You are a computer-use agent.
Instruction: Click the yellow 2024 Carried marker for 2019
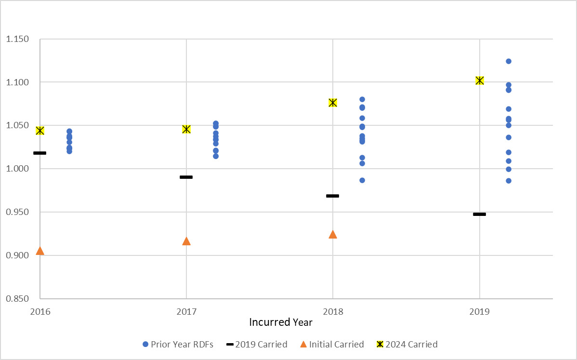(479, 80)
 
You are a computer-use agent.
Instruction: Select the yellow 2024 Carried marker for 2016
(40, 131)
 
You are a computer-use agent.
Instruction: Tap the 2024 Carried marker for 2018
(333, 103)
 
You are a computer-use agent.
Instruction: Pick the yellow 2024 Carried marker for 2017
(186, 129)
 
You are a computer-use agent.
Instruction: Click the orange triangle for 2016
(40, 251)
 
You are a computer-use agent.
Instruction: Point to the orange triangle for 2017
(186, 241)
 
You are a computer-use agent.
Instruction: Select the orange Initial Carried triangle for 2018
(333, 235)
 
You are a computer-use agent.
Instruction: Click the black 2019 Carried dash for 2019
(479, 214)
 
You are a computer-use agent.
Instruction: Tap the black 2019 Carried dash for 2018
(333, 196)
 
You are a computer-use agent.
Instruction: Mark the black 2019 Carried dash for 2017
(186, 177)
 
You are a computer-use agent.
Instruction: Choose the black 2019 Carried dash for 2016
(40, 153)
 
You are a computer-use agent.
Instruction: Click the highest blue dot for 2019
(509, 61)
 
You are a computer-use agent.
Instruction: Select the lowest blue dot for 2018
(362, 180)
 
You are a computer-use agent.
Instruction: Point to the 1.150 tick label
(17, 39)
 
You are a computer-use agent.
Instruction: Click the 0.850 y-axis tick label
(17, 299)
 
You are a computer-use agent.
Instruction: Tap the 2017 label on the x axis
(186, 312)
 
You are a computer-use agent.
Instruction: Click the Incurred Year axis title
(281, 322)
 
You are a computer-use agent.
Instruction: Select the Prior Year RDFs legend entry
(178, 344)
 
